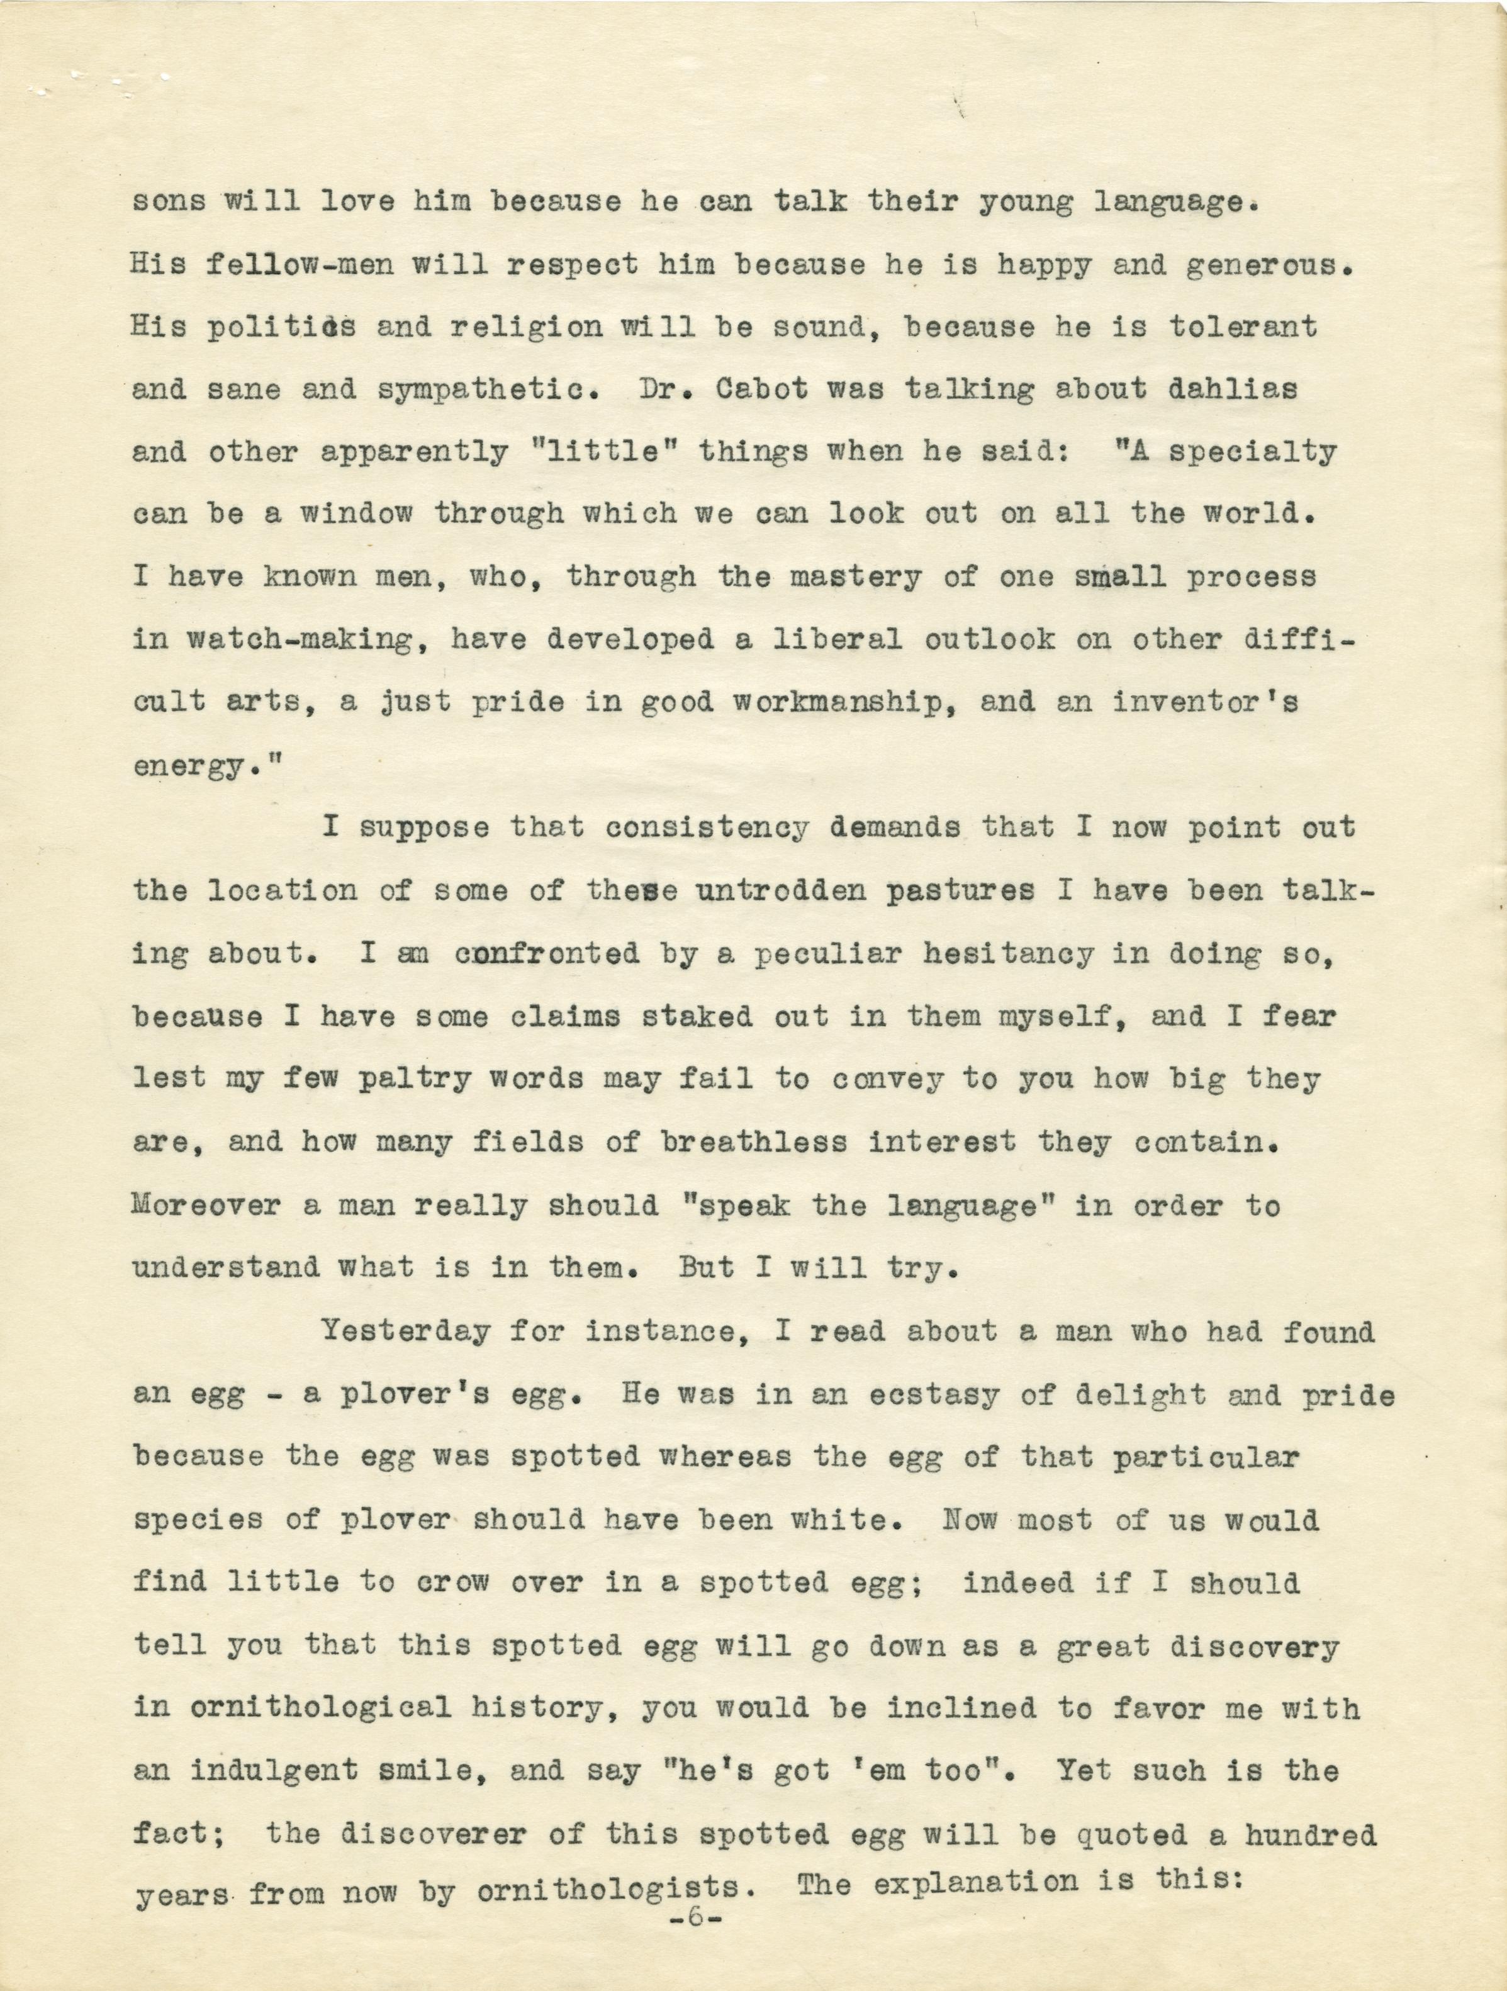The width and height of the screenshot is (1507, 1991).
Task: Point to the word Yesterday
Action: pos(406,1330)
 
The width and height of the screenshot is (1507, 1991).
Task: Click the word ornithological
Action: pos(293,1707)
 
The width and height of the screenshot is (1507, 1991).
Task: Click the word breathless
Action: pos(754,1142)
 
